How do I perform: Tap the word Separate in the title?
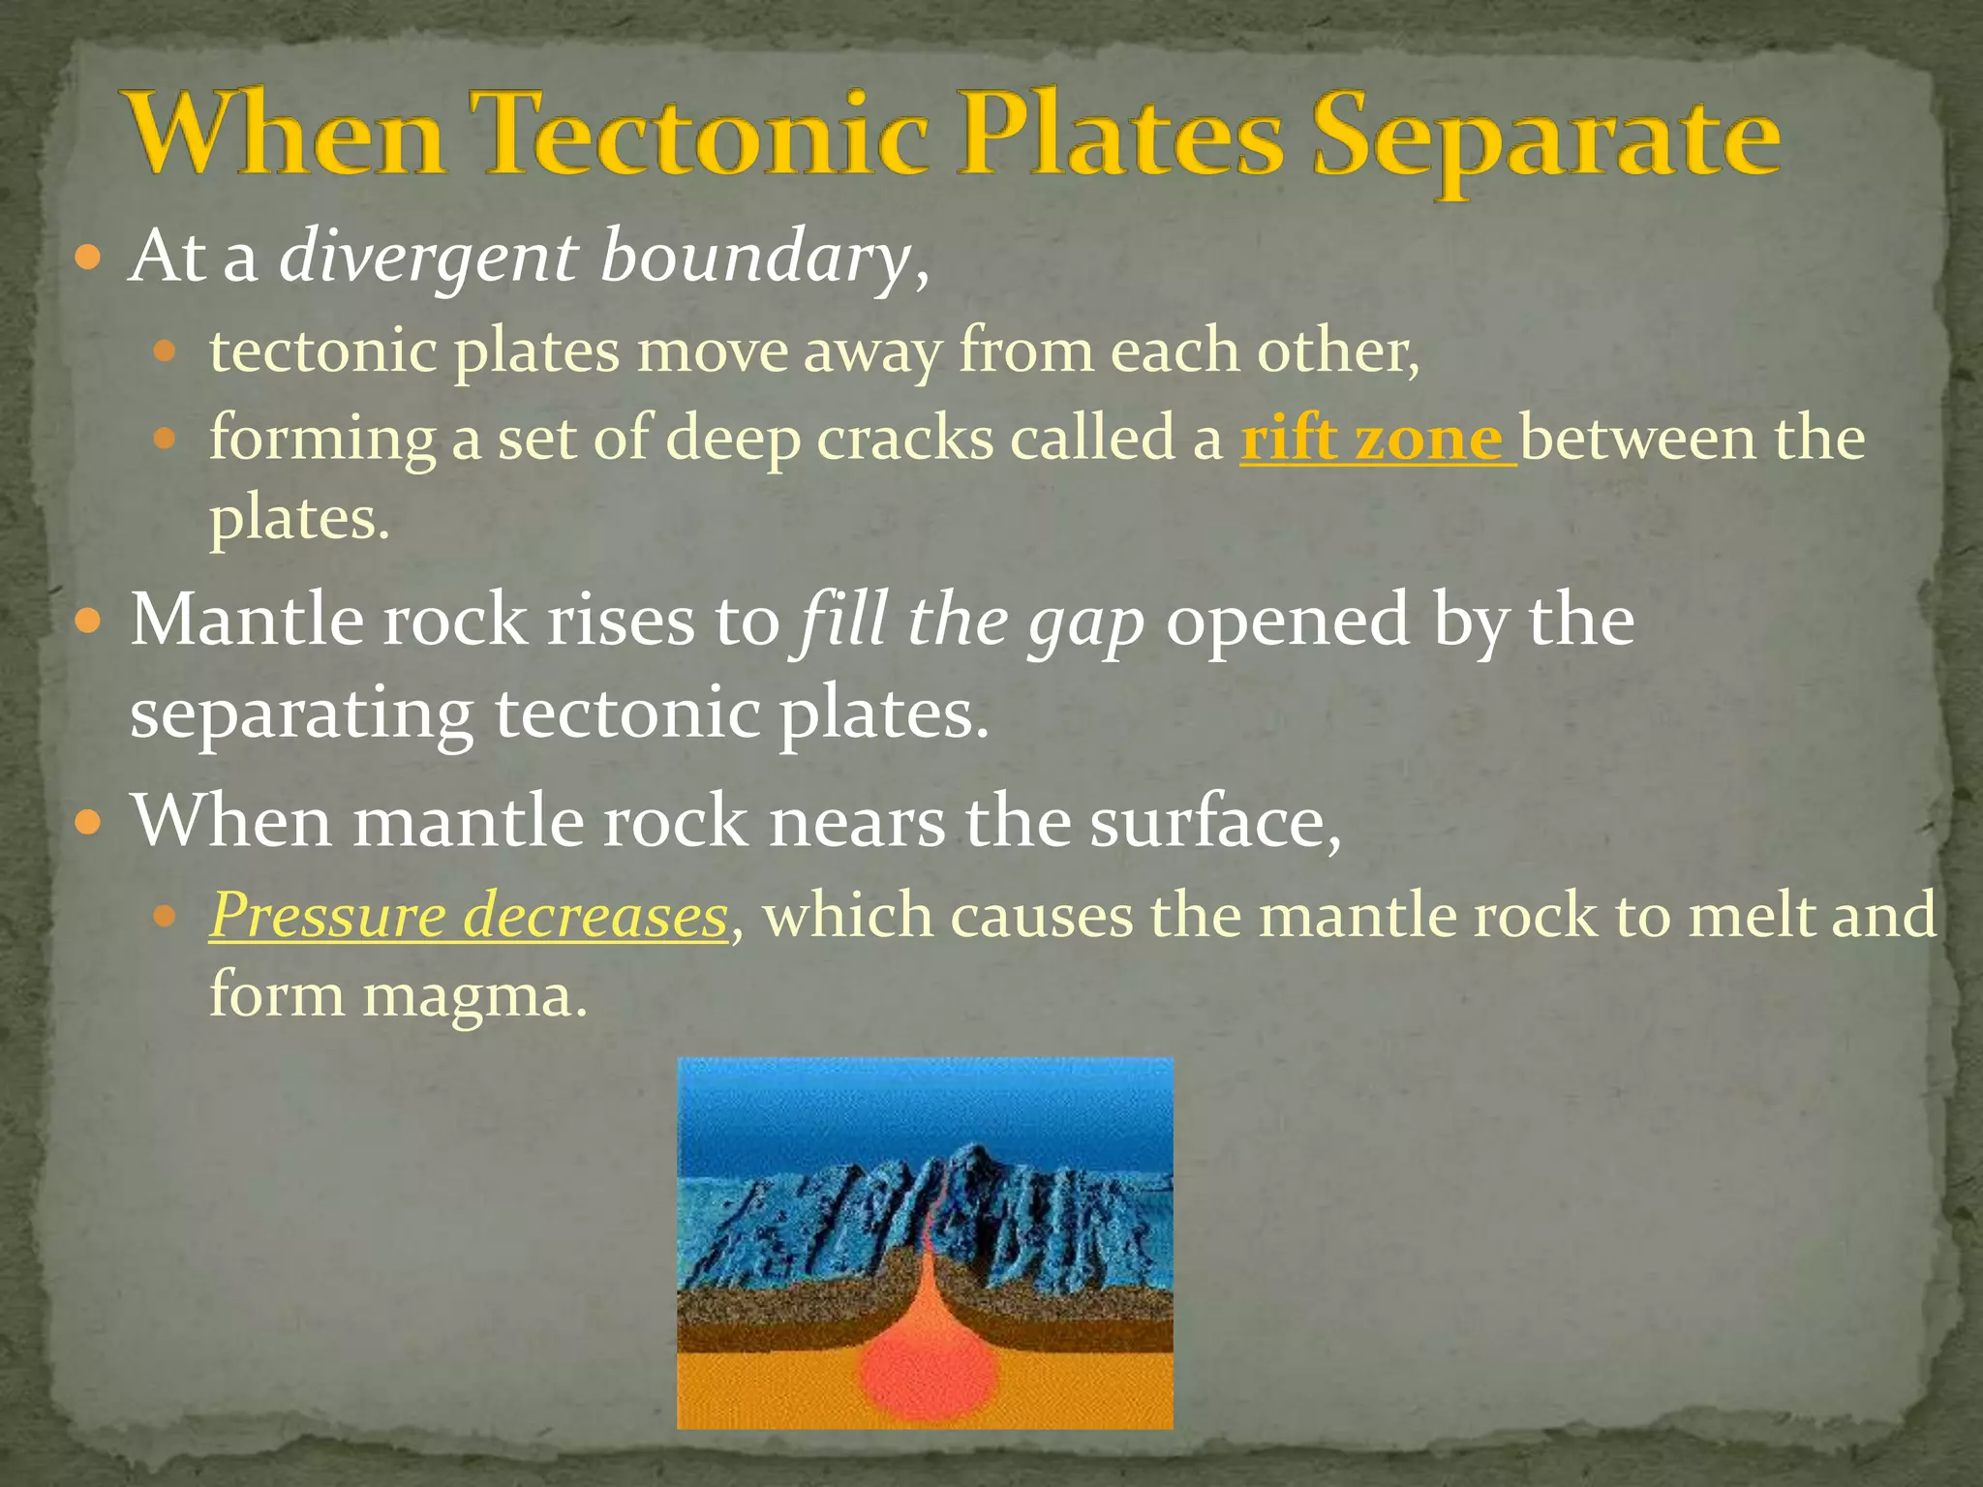point(1545,140)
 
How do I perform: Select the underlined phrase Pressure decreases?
point(469,916)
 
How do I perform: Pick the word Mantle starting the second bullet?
point(246,621)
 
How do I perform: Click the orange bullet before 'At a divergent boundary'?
point(88,259)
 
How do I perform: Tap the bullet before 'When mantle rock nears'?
point(88,824)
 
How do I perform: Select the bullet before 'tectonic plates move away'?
point(166,351)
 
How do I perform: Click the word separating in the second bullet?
point(301,715)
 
